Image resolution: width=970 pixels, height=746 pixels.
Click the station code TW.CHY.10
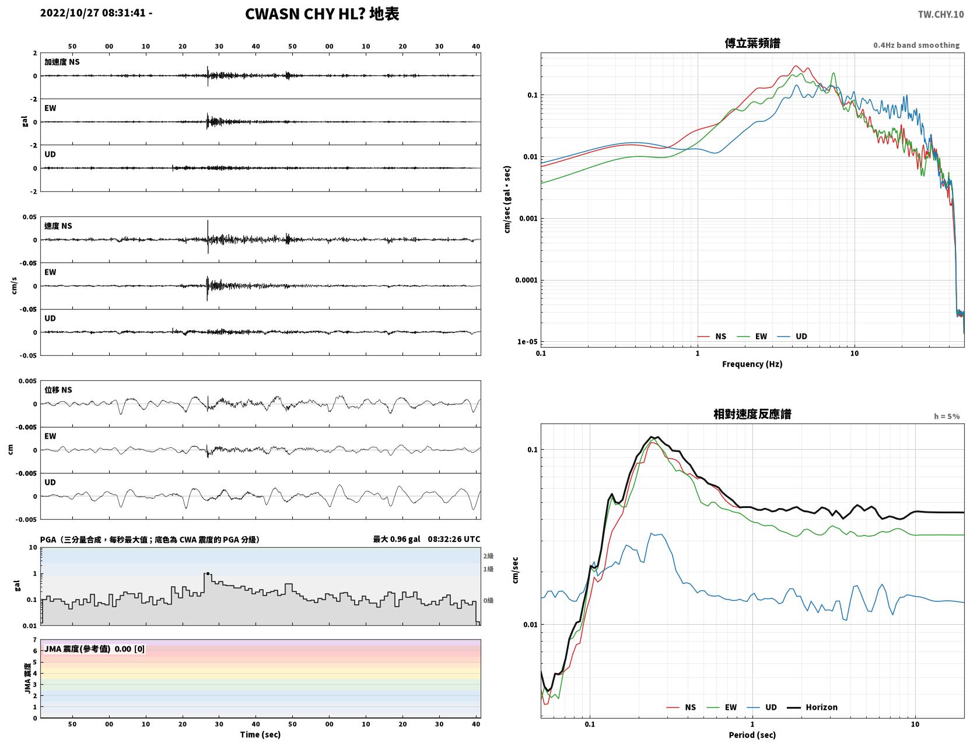point(940,14)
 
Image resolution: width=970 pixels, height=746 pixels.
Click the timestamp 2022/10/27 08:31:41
point(93,12)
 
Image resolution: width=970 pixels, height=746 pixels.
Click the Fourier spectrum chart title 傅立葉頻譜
point(752,43)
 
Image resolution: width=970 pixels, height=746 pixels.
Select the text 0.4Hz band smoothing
point(916,45)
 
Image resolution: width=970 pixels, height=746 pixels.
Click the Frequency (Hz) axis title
point(752,364)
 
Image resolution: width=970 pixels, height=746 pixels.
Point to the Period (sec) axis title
point(752,735)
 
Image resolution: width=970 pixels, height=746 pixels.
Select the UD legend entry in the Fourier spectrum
point(792,337)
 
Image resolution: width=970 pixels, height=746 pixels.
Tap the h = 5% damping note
point(946,416)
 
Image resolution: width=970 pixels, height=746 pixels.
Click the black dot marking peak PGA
point(208,574)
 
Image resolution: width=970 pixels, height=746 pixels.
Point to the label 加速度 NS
point(62,62)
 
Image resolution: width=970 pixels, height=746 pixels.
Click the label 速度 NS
point(58,226)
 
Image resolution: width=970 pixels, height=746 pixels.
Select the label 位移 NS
point(58,390)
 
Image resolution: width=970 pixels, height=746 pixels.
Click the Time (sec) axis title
point(260,734)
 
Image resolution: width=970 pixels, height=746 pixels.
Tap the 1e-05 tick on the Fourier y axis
point(527,342)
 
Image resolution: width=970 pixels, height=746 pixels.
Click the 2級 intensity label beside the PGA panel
point(488,556)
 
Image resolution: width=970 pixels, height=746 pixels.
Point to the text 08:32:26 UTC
point(454,539)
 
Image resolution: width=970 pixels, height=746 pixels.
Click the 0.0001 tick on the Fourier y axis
point(526,280)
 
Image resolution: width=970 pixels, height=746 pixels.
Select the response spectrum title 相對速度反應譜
point(752,414)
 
